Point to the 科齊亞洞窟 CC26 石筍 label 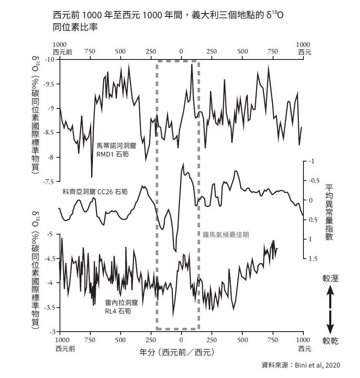tap(95, 192)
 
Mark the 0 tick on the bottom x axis tap(181, 340)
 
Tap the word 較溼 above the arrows tap(330, 278)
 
